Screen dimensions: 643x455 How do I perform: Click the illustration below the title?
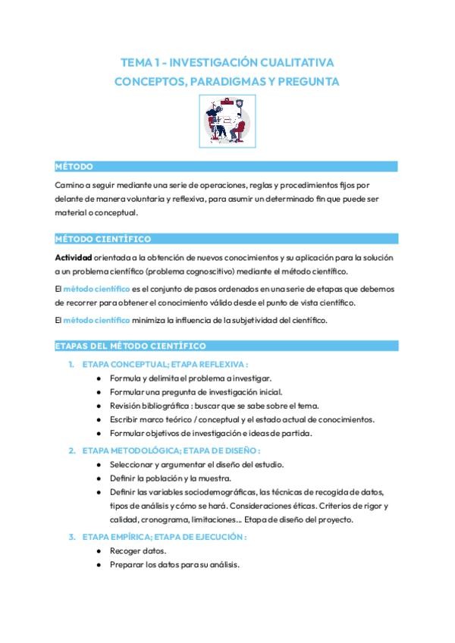click(227, 120)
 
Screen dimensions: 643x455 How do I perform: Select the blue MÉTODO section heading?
click(74, 166)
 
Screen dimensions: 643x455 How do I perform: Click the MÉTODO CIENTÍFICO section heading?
click(102, 239)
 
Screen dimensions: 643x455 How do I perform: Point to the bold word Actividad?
click(74, 256)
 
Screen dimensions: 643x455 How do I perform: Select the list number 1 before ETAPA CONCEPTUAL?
click(71, 365)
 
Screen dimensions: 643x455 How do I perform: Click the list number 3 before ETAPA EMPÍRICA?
click(71, 537)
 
